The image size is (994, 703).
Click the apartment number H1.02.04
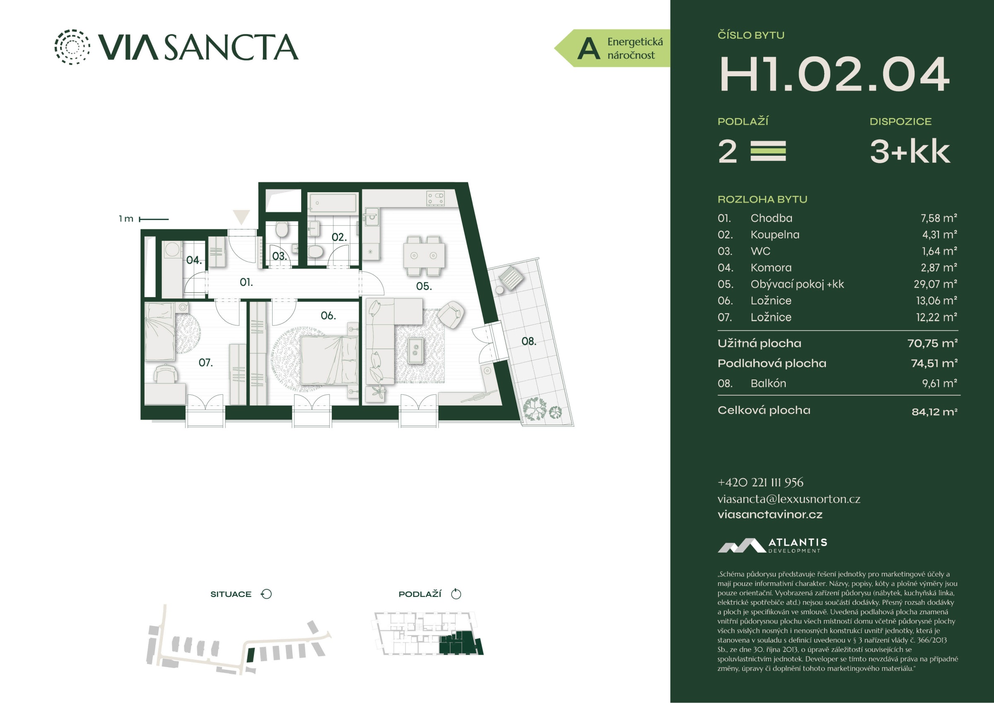pos(834,74)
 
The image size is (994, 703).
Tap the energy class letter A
pos(589,48)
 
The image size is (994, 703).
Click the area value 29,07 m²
pos(935,284)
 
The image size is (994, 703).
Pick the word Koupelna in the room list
pos(775,235)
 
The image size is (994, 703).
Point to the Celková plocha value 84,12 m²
pos(934,411)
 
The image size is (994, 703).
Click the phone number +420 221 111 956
pos(760,483)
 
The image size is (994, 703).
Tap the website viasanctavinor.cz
pos(770,515)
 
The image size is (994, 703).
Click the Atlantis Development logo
pos(772,545)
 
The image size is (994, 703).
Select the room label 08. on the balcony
pos(528,341)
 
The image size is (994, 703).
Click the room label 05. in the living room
pos(424,286)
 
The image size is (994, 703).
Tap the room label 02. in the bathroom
pos(339,237)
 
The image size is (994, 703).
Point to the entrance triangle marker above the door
pos(241,217)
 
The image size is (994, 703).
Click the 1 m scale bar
pos(154,219)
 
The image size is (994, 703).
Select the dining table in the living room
pos(424,256)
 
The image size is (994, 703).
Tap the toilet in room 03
pos(282,230)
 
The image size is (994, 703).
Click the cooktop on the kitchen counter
pos(436,198)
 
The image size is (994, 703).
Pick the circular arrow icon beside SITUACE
pos(266,594)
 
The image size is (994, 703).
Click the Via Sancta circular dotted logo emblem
pos(72,47)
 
